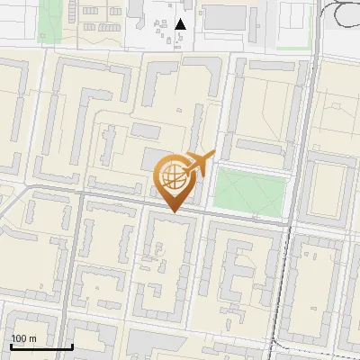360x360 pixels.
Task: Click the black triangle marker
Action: pyautogui.click(x=181, y=24)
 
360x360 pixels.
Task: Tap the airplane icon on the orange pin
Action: pyautogui.click(x=201, y=164)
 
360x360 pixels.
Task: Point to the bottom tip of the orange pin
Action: pyautogui.click(x=175, y=211)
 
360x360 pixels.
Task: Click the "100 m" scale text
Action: pyautogui.click(x=24, y=338)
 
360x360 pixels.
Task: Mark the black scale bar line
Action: pyautogui.click(x=41, y=346)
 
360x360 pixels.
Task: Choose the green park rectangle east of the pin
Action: pyautogui.click(x=249, y=193)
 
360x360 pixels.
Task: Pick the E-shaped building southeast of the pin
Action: pyautogui.click(x=242, y=270)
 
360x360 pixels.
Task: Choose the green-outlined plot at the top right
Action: pyautogui.click(x=293, y=24)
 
